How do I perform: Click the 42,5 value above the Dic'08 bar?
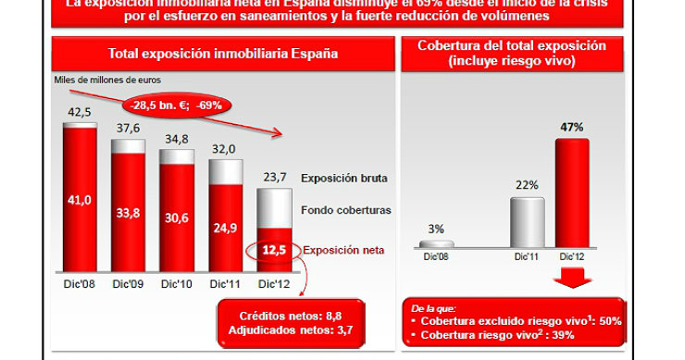click(80, 113)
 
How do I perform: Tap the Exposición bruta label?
click(344, 178)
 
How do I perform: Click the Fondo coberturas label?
click(345, 210)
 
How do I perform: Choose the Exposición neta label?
click(343, 249)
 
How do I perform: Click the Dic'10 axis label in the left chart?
click(176, 284)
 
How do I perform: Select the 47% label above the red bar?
click(572, 127)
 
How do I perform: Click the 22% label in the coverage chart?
click(526, 185)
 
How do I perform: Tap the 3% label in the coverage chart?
click(435, 229)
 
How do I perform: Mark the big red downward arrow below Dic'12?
click(572, 278)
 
